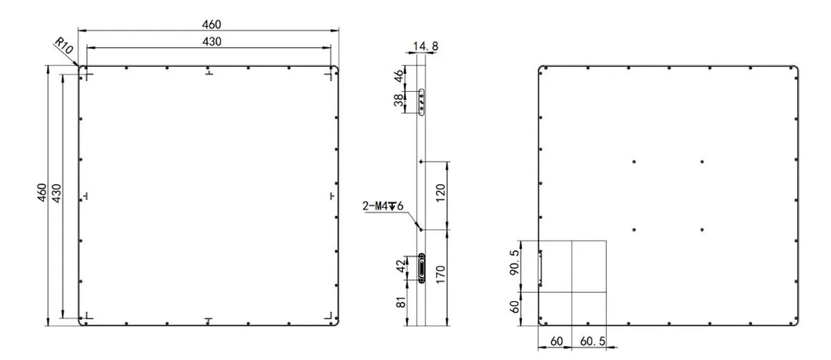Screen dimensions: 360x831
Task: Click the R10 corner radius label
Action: pyautogui.click(x=64, y=46)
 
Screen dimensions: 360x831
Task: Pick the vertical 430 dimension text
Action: pyautogui.click(x=56, y=193)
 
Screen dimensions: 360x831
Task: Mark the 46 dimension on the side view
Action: pyautogui.click(x=399, y=77)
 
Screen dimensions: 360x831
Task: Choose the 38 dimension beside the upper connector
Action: pyautogui.click(x=399, y=100)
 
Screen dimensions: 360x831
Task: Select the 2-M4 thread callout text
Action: pyautogui.click(x=382, y=206)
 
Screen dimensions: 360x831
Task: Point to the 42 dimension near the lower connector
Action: pyautogui.click(x=401, y=267)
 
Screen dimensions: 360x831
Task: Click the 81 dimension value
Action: pyautogui.click(x=401, y=300)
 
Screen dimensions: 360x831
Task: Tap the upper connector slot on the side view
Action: pyautogui.click(x=423, y=102)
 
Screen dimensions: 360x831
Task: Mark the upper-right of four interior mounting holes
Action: pyautogui.click(x=702, y=162)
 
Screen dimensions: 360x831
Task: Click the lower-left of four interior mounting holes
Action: pyautogui.click(x=633, y=229)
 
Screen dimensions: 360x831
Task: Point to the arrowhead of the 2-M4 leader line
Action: pyautogui.click(x=420, y=230)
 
